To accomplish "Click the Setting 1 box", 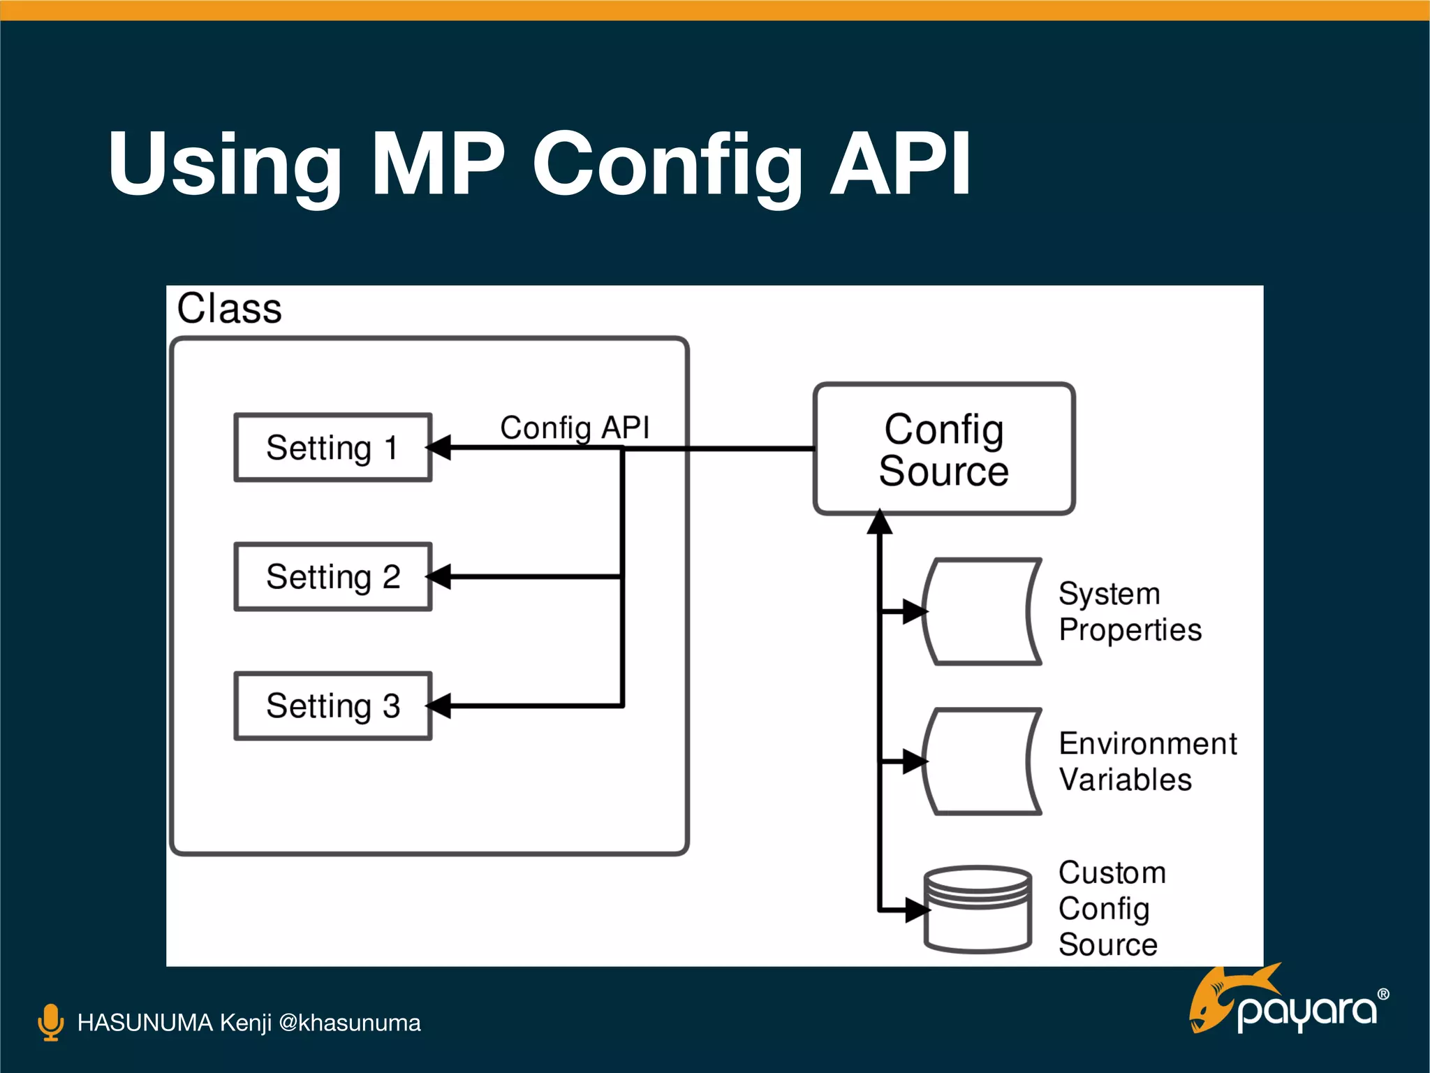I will pyautogui.click(x=332, y=448).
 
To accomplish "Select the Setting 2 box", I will pyautogui.click(x=332, y=577).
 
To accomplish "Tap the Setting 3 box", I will pyautogui.click(x=332, y=706).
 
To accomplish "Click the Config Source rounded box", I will pyautogui.click(x=943, y=449).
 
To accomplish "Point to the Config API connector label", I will pyautogui.click(x=575, y=428).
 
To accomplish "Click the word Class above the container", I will pyautogui.click(x=229, y=309).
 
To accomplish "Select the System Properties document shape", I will pyautogui.click(x=981, y=611).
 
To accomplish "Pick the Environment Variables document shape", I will pyautogui.click(x=981, y=761).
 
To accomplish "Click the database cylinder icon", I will pyautogui.click(x=978, y=910).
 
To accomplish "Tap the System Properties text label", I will pyautogui.click(x=1129, y=612).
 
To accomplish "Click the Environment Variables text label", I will pyautogui.click(x=1147, y=761).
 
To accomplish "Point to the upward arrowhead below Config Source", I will pyautogui.click(x=880, y=523).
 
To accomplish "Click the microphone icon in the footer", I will pyautogui.click(x=50, y=1022).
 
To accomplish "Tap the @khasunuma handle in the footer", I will pyautogui.click(x=349, y=1023).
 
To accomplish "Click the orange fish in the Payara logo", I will pyautogui.click(x=1218, y=999).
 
